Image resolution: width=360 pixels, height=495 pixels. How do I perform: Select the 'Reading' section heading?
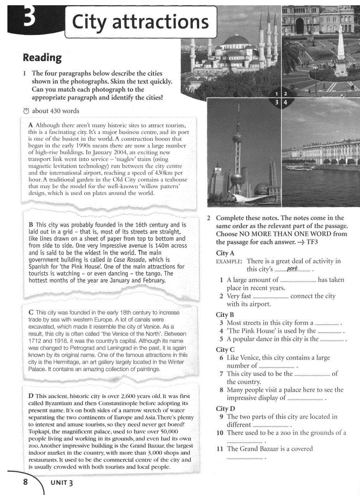click(x=42, y=57)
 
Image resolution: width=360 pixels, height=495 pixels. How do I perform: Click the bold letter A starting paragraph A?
click(x=30, y=125)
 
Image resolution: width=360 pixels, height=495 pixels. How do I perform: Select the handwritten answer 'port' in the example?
click(x=292, y=269)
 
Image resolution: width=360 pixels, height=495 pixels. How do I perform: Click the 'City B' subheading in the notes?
click(x=225, y=315)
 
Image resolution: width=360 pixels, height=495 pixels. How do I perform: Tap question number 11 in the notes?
click(x=220, y=449)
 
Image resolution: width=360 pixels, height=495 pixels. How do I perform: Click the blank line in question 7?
click(x=311, y=374)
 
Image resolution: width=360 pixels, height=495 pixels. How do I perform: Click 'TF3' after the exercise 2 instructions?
click(x=312, y=242)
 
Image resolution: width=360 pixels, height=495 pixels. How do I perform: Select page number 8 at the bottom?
click(x=25, y=482)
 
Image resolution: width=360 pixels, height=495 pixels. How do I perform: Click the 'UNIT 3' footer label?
click(x=62, y=483)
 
